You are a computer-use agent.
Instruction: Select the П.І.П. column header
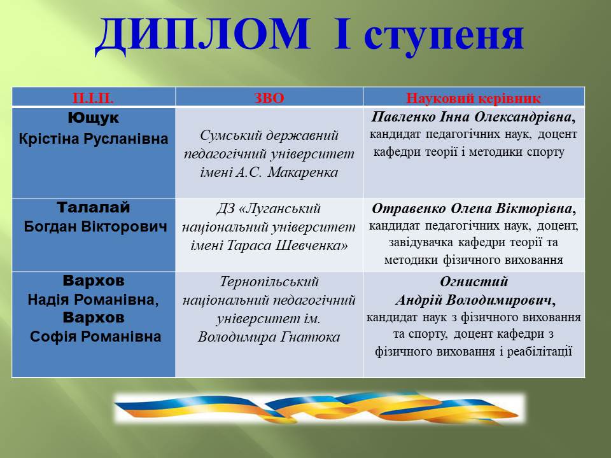pos(93,98)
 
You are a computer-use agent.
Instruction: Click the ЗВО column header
pos(269,98)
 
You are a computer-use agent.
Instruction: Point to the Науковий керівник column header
pos(474,98)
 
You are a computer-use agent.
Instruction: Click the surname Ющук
pos(94,118)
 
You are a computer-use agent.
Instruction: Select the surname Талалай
pos(94,207)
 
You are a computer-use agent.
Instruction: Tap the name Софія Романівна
pos(95,337)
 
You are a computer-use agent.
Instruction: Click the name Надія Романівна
pos(93,300)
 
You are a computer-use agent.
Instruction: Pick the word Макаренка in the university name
pos(303,172)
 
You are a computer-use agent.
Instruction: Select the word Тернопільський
pos(269,282)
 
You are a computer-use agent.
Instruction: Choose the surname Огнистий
pos(474,282)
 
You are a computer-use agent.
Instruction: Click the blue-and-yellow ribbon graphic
pos(319,408)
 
